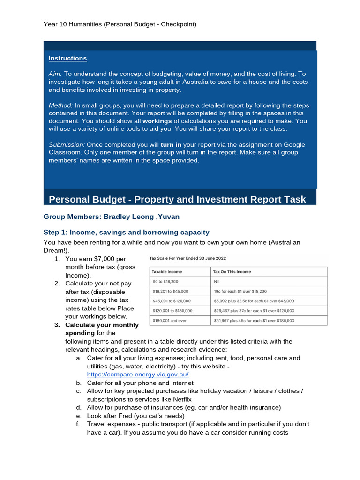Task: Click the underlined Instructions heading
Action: (x=67, y=58)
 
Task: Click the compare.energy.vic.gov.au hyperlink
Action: (x=138, y=375)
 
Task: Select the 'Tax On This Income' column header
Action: (x=232, y=272)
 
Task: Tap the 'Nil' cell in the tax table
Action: (x=217, y=282)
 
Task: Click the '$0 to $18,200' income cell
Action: (x=165, y=282)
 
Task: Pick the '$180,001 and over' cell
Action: (x=170, y=321)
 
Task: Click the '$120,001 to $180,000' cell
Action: (x=172, y=311)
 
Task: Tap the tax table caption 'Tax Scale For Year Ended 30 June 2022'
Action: (x=185, y=258)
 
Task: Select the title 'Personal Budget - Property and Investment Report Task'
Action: (x=177, y=199)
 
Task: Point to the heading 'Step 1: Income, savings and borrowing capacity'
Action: (x=126, y=232)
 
